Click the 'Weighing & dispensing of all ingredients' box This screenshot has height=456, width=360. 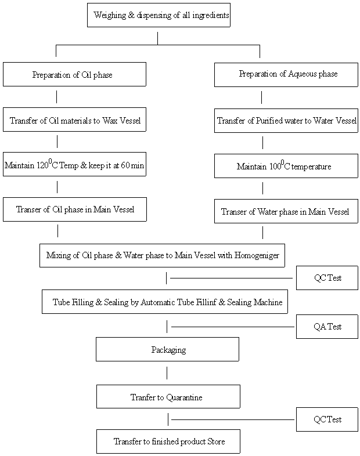click(x=159, y=15)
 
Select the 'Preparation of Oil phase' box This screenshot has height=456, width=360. click(x=74, y=74)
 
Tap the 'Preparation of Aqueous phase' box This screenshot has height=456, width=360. click(x=286, y=74)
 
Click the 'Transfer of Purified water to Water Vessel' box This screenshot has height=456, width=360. click(x=286, y=121)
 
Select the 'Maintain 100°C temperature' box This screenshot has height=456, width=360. click(x=286, y=166)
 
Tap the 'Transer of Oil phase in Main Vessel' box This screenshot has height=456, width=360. click(x=74, y=209)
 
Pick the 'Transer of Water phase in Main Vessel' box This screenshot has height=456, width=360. click(x=286, y=212)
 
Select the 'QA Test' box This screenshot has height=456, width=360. click(x=327, y=327)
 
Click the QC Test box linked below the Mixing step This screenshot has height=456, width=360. click(x=327, y=278)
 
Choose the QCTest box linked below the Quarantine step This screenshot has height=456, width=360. click(x=327, y=419)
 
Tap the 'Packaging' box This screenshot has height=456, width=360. click(x=168, y=350)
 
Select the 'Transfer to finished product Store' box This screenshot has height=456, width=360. click(x=168, y=441)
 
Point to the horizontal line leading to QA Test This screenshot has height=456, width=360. click(x=232, y=327)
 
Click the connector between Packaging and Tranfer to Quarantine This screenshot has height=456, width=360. click(x=167, y=372)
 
